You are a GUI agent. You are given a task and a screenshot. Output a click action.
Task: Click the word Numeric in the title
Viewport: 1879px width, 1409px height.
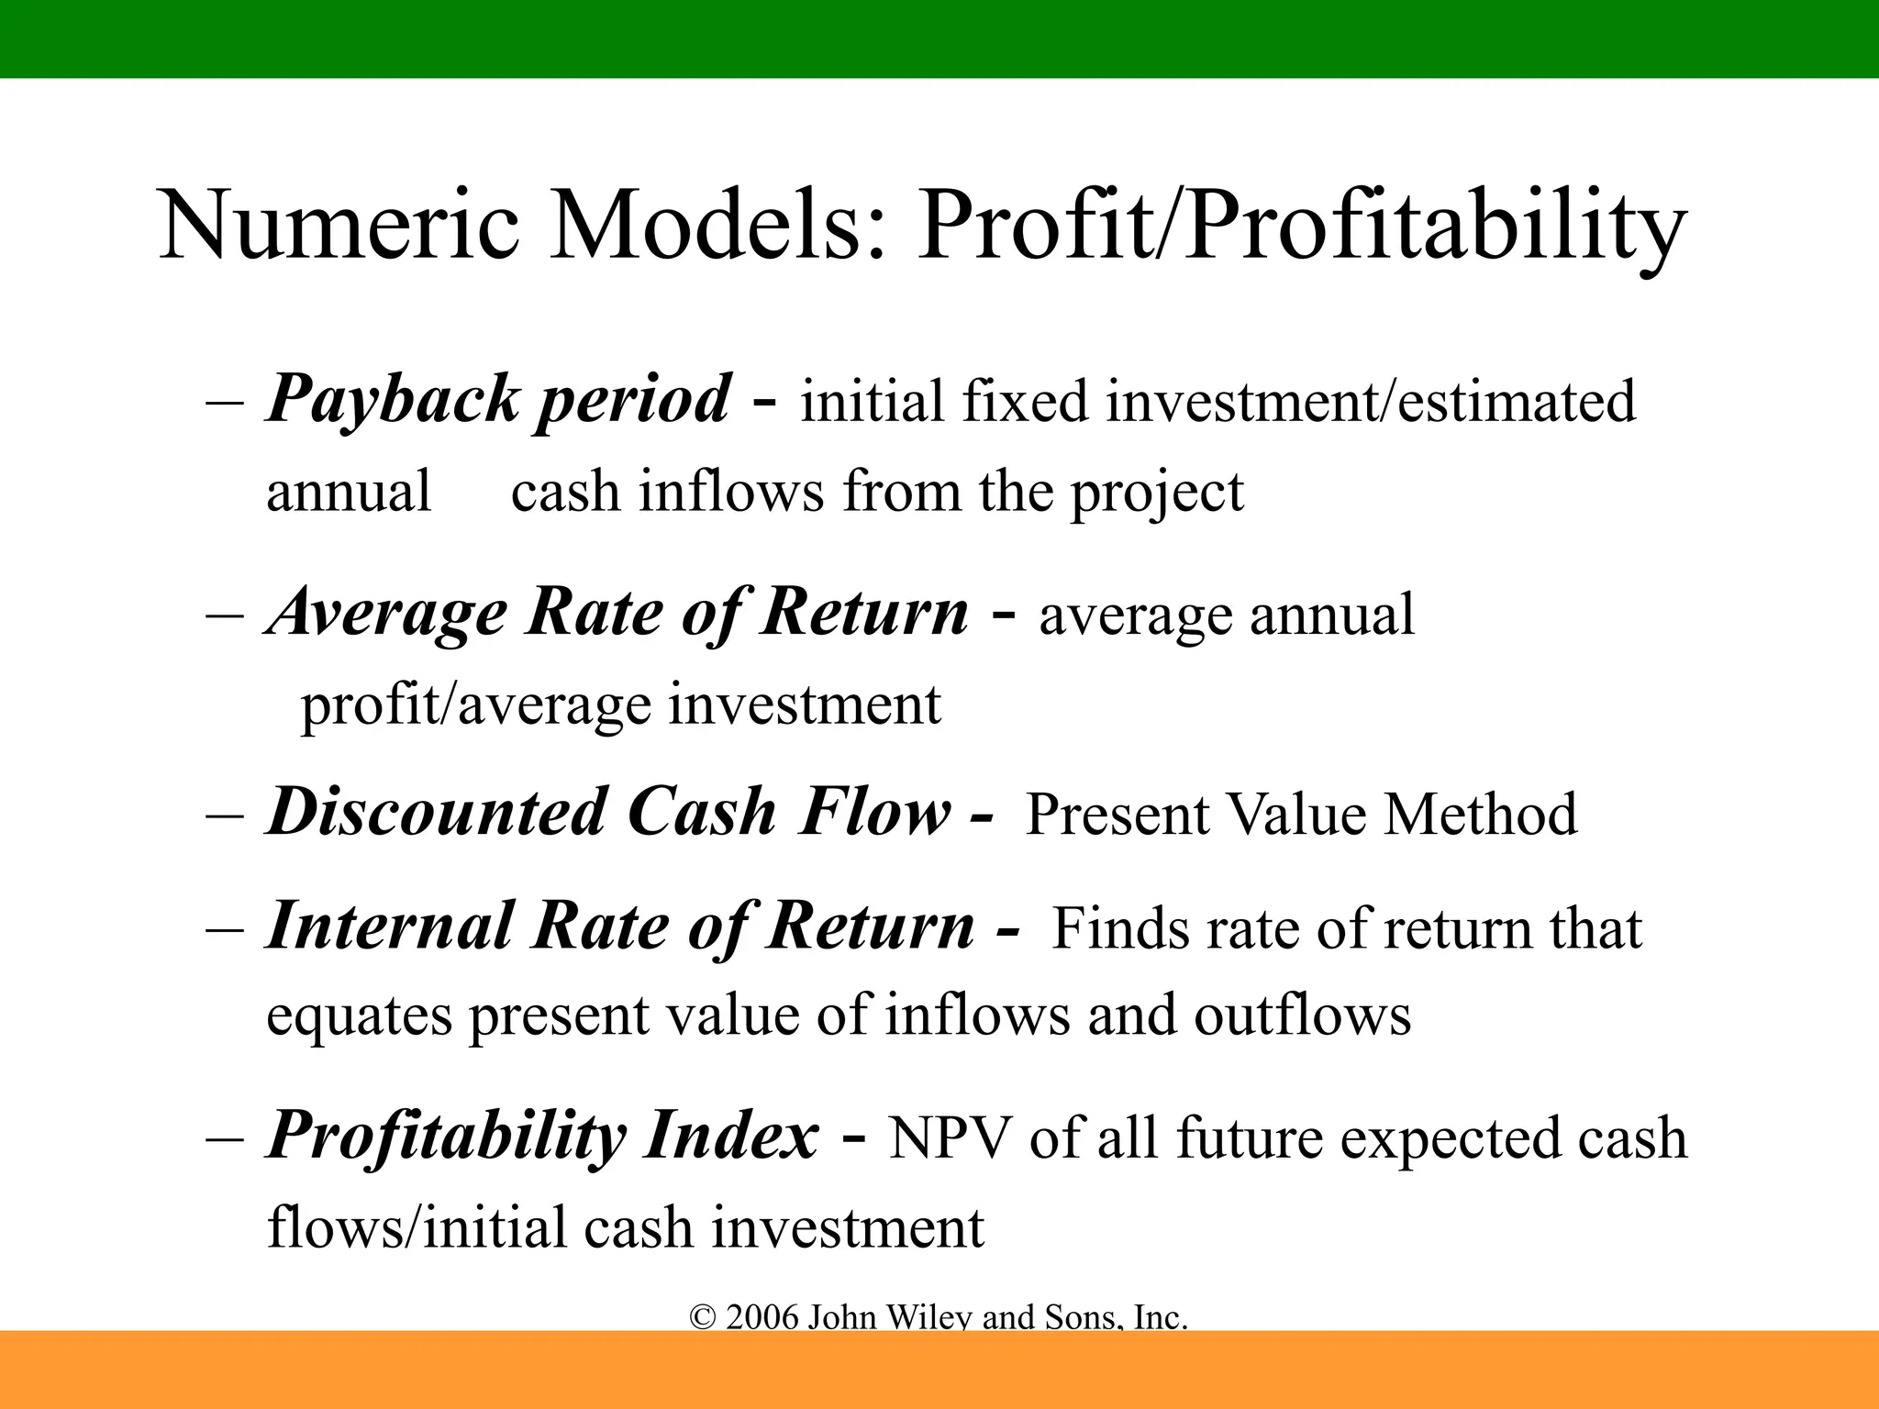click(339, 225)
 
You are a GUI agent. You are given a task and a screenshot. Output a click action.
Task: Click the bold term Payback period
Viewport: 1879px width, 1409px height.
click(498, 401)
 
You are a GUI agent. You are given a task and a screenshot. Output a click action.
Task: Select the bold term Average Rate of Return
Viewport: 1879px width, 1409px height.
click(617, 613)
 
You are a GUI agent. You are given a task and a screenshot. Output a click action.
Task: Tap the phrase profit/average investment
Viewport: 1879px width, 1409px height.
click(620, 705)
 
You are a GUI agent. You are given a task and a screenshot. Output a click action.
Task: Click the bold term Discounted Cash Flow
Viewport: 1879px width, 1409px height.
click(608, 813)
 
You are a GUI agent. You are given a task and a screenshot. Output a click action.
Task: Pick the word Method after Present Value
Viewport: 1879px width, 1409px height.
click(1480, 815)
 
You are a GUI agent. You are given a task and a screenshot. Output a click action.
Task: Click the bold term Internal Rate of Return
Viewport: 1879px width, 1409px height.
click(620, 926)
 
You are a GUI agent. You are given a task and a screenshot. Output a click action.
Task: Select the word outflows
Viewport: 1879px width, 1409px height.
click(1302, 1015)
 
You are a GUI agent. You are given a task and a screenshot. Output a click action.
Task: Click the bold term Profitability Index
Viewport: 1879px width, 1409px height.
click(541, 1137)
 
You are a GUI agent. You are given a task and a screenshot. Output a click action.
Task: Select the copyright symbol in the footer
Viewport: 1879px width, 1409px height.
click(702, 1318)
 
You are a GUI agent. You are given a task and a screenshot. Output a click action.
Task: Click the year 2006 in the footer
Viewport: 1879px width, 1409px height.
click(762, 1318)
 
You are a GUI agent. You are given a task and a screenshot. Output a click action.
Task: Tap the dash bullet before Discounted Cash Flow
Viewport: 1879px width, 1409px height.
click(225, 815)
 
